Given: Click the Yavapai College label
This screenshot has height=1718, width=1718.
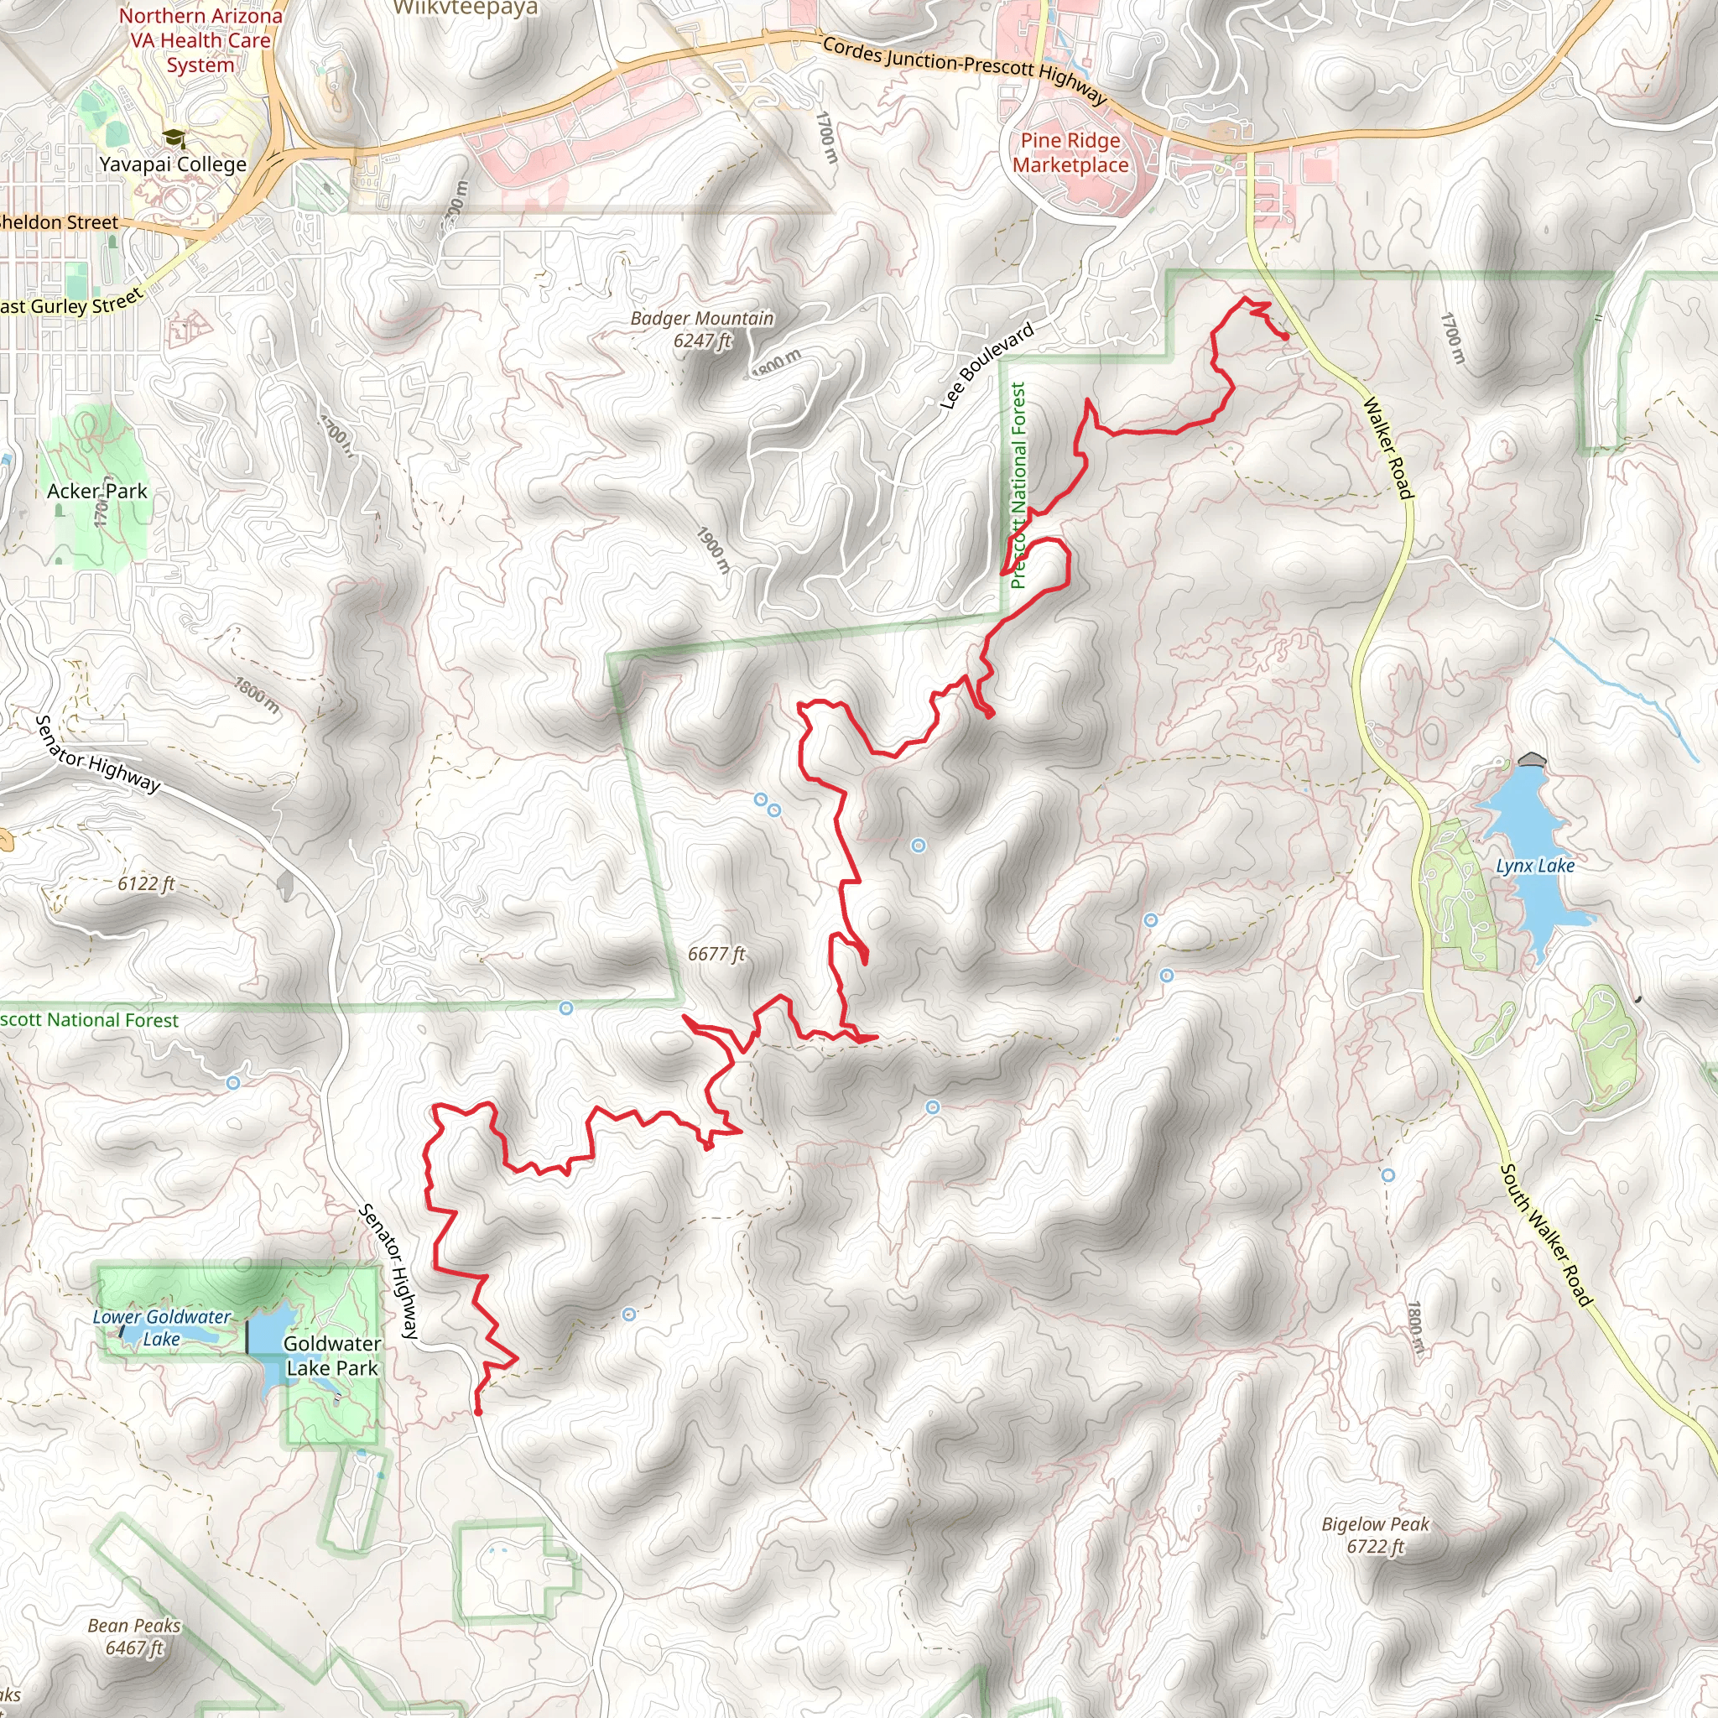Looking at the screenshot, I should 173,164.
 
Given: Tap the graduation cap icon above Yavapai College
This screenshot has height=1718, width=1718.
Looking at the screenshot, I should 174,137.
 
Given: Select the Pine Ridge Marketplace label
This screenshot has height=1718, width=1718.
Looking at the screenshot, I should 1070,153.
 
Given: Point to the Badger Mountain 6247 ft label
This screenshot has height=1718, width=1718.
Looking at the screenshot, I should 701,329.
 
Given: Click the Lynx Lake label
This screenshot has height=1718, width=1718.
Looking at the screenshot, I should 1535,866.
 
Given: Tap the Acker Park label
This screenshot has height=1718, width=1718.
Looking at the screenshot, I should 97,491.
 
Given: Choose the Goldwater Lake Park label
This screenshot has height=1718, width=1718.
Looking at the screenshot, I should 331,1356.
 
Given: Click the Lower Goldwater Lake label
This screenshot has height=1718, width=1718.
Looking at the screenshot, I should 162,1328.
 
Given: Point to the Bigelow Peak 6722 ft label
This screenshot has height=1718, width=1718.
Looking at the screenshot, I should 1375,1535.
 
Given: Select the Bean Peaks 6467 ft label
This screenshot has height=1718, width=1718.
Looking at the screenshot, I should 134,1636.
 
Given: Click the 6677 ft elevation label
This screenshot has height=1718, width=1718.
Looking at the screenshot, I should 716,954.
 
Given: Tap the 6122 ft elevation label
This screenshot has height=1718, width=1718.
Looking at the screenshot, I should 146,884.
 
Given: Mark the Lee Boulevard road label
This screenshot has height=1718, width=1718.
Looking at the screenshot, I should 987,367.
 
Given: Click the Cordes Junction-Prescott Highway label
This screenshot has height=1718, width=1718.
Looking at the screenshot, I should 964,70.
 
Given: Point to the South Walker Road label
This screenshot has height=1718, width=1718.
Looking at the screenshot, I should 1545,1235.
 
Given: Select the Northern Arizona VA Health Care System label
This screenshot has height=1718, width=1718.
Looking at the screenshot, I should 200,41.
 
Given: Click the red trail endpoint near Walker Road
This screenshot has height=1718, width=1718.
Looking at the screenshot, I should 1285,336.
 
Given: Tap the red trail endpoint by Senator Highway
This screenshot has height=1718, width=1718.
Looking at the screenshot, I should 477,1411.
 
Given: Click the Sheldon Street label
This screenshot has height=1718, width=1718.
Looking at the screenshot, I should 59,222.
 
